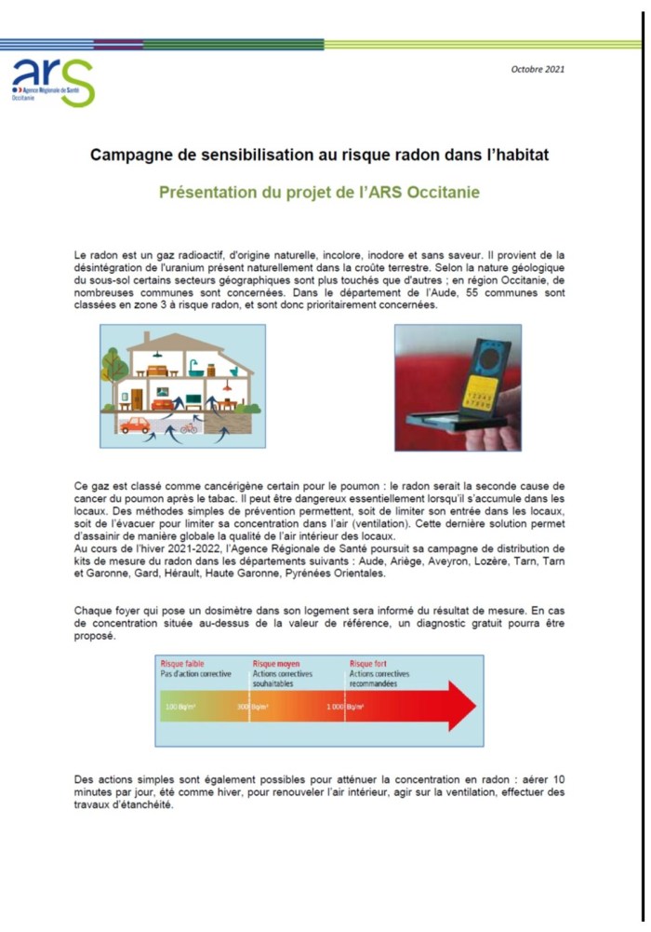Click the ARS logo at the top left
[52, 80]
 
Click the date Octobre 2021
[538, 69]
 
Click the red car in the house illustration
[135, 426]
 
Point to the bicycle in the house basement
[189, 428]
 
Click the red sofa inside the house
[168, 401]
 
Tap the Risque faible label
[182, 664]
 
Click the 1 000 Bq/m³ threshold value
[344, 707]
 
